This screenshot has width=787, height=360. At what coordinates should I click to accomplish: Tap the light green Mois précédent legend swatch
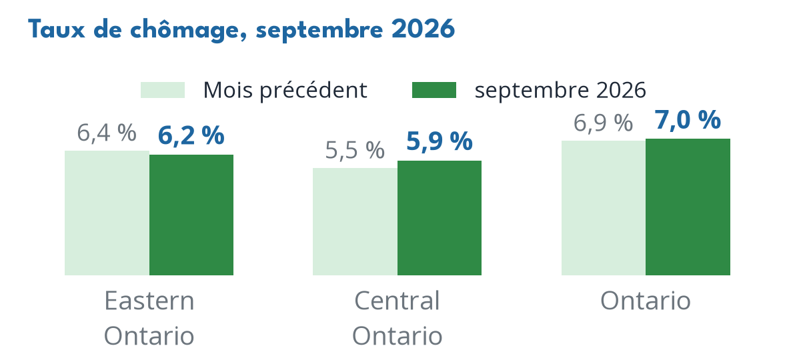coord(163,90)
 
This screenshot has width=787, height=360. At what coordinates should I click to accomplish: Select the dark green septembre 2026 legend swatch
coord(434,90)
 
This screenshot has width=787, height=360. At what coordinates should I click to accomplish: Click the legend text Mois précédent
coord(285,90)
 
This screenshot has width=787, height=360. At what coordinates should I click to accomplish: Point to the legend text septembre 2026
coord(560,90)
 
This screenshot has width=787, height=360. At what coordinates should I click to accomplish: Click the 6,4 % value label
coord(107,133)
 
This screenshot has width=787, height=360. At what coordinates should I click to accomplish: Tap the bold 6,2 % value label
coord(191,136)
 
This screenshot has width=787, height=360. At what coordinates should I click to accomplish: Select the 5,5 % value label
coord(355,150)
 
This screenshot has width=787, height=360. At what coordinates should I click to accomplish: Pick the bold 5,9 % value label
coord(439,141)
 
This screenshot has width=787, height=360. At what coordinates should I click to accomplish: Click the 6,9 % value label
coord(604,123)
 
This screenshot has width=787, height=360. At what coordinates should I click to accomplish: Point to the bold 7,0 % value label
coord(688,121)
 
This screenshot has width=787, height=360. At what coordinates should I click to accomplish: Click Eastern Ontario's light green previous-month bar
coord(107,213)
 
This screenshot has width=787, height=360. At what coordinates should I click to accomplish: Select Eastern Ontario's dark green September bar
coord(191,215)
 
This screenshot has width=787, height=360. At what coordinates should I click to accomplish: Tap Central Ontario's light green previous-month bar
coord(355,221)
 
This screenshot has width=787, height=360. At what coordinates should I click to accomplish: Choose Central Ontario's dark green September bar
coord(439,217)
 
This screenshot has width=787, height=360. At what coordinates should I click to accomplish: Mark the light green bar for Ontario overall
coord(604,207)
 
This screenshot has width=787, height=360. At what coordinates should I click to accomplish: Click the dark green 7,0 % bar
coord(688,207)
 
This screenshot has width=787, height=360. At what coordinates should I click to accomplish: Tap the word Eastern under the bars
coord(149,301)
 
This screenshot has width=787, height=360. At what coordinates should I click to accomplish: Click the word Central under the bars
coord(397,301)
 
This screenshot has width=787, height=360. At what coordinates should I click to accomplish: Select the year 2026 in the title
coord(423,30)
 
